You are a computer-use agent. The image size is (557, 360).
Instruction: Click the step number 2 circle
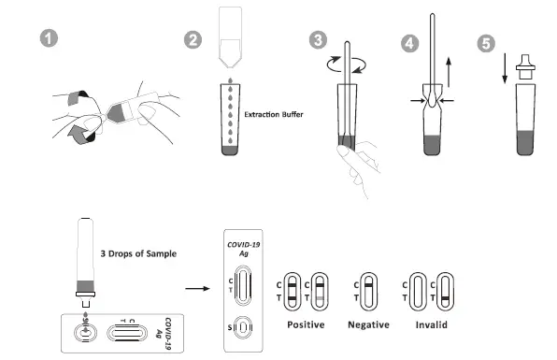193,40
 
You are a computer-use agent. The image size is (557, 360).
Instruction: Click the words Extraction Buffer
281,116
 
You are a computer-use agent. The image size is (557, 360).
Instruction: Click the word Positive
305,324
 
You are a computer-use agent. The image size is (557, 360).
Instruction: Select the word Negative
368,324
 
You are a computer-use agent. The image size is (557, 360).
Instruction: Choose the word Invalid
432,324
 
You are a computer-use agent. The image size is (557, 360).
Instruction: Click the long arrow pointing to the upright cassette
197,290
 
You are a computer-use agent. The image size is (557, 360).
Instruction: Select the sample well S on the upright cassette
243,329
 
